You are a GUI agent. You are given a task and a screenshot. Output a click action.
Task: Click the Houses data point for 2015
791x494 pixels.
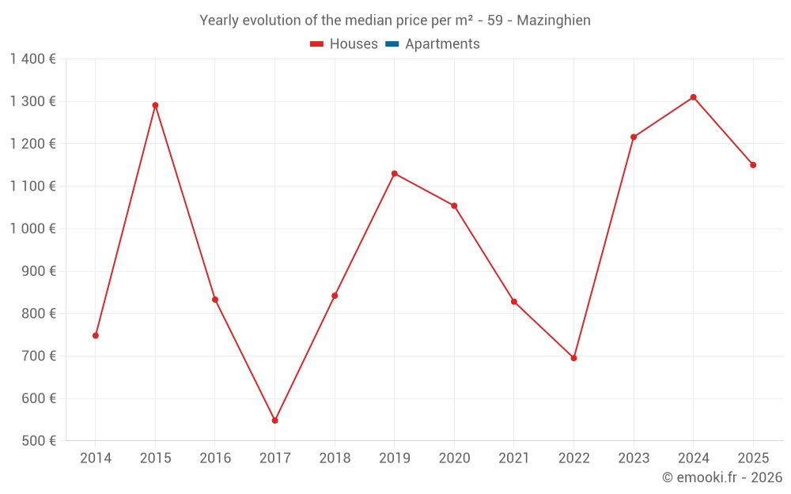pyautogui.click(x=155, y=105)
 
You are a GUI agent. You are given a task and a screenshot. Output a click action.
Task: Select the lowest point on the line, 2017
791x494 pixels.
pyautogui.click(x=274, y=420)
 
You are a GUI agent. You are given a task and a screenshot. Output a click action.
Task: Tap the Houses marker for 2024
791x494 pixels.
pyautogui.click(x=693, y=97)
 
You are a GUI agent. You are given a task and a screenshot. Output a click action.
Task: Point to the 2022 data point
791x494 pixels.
pyautogui.click(x=573, y=358)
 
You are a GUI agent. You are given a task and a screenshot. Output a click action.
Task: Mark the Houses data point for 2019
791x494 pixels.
pyautogui.click(x=395, y=173)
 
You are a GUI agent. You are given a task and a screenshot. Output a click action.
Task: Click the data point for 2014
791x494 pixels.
pyautogui.click(x=96, y=335)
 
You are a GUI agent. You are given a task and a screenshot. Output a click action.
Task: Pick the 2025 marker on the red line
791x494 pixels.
pyautogui.click(x=753, y=165)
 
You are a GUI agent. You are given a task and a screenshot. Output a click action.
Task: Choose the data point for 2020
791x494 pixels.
pyautogui.click(x=454, y=206)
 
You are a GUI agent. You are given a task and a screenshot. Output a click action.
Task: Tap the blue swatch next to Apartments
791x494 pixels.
pyautogui.click(x=392, y=44)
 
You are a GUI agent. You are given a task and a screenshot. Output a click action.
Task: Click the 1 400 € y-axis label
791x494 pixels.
pyautogui.click(x=32, y=58)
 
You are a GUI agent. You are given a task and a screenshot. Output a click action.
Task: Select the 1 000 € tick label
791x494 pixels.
pyautogui.click(x=32, y=228)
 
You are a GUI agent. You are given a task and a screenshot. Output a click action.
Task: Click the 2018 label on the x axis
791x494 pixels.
pyautogui.click(x=335, y=458)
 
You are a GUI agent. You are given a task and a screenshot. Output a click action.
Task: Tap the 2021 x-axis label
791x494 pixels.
pyautogui.click(x=514, y=458)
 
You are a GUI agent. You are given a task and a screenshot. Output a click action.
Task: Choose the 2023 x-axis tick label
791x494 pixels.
pyautogui.click(x=634, y=458)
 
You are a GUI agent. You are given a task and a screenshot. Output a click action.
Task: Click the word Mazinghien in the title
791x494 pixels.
pyautogui.click(x=554, y=21)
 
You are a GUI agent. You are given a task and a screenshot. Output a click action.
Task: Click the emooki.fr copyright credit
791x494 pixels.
pyautogui.click(x=721, y=477)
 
